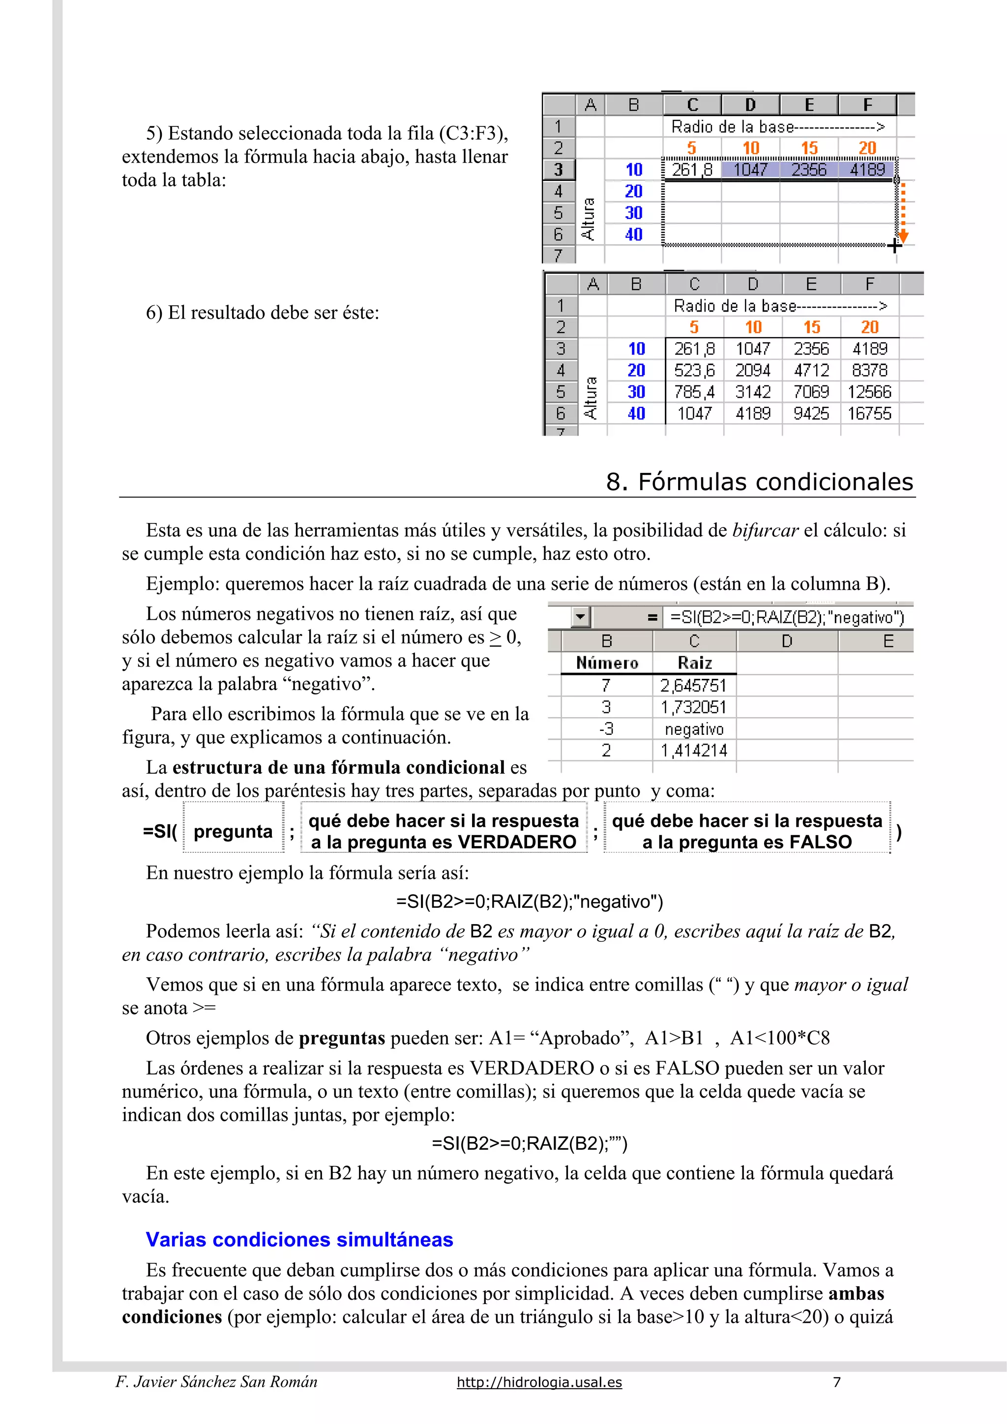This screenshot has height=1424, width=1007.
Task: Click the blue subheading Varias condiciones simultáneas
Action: (299, 1239)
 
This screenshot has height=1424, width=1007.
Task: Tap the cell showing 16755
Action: (869, 414)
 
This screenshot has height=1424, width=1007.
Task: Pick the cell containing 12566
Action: (869, 392)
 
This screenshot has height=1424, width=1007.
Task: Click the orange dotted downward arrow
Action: (903, 213)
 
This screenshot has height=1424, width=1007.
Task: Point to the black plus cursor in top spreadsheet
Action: (894, 246)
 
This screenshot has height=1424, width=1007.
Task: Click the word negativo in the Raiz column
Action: (694, 729)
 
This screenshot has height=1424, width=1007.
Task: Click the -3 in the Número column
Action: (606, 729)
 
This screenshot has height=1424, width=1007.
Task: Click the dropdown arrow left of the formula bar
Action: (580, 617)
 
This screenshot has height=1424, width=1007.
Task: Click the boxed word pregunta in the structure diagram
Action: (233, 832)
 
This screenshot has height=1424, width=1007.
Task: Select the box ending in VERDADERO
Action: (443, 831)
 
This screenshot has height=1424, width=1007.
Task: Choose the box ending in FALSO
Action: (746, 831)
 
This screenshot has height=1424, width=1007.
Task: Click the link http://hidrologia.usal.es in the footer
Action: (539, 1382)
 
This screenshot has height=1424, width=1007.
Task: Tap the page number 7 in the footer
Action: (836, 1382)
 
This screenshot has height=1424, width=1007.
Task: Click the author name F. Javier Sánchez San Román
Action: (216, 1382)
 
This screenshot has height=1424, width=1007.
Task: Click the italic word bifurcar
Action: (765, 530)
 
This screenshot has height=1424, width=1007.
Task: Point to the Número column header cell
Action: (606, 663)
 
